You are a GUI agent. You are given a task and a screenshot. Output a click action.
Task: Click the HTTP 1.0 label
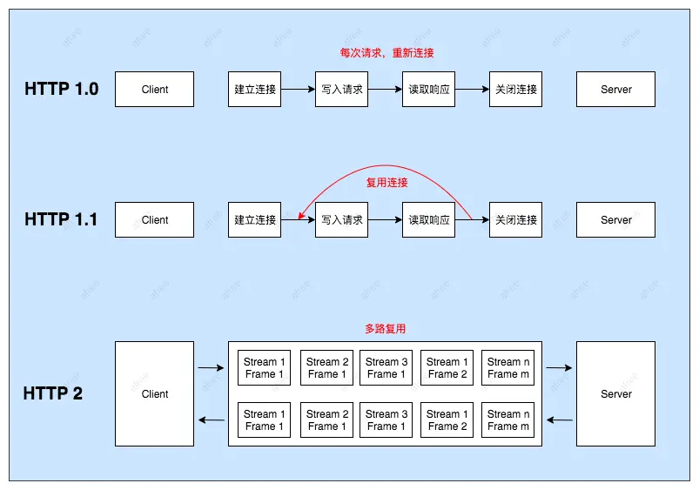coord(61,89)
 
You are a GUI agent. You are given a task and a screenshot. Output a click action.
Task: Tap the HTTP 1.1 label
coord(61,219)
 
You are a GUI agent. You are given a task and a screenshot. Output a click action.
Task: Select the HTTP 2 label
coord(53,393)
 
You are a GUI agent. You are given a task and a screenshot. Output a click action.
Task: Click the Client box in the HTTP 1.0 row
coord(155,89)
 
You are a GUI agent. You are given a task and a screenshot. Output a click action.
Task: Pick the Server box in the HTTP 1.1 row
coord(615,219)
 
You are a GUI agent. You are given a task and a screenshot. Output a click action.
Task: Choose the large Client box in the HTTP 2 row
coord(155,393)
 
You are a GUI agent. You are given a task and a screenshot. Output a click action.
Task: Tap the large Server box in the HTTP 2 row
coord(615,393)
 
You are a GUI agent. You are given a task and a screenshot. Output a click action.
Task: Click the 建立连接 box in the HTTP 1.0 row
coord(255,89)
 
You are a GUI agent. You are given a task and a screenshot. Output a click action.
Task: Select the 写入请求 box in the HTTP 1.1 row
coord(342,219)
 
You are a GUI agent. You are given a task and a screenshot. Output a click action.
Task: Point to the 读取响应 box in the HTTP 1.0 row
coord(429,89)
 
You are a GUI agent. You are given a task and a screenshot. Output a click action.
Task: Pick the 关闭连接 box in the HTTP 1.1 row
coord(516,219)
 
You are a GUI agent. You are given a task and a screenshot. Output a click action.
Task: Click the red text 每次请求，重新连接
coord(386,53)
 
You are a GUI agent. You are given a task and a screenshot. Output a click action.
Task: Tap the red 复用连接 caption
coord(386,183)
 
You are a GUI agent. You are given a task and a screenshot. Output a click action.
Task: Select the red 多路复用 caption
coord(385,329)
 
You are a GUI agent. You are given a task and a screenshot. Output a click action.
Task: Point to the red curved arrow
coord(383,165)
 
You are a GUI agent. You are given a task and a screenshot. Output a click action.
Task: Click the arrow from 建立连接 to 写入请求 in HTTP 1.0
coord(299,89)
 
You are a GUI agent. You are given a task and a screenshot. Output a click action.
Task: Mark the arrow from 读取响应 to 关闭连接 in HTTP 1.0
coord(473,89)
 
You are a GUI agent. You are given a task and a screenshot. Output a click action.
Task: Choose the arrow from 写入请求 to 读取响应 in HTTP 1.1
coord(386,219)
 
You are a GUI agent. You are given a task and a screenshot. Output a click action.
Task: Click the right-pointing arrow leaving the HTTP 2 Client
coord(211,367)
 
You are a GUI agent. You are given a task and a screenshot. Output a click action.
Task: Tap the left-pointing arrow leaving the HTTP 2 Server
coord(559,420)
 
